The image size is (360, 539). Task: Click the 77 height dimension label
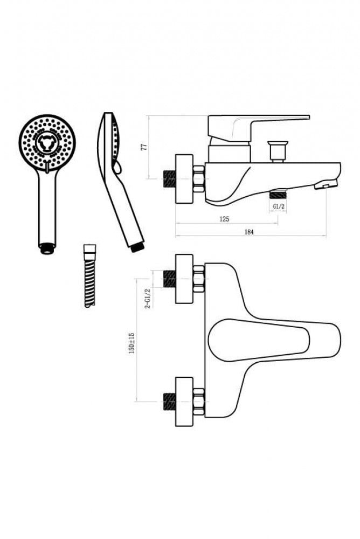pyautogui.click(x=145, y=147)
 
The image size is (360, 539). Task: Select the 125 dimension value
pyautogui.click(x=224, y=219)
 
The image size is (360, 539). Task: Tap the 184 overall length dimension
pyautogui.click(x=249, y=232)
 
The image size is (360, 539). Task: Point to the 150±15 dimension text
pyautogui.click(x=131, y=343)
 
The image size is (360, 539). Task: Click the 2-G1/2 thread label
pyautogui.click(x=148, y=299)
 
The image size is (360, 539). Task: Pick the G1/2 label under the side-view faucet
pyautogui.click(x=278, y=206)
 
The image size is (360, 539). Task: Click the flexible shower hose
pyautogui.click(x=89, y=275)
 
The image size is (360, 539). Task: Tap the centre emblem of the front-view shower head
pyautogui.click(x=45, y=142)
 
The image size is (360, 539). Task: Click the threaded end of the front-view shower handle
pyautogui.click(x=47, y=249)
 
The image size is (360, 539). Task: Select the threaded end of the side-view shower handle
pyautogui.click(x=138, y=247)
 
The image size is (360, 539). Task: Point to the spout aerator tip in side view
pyautogui.click(x=326, y=185)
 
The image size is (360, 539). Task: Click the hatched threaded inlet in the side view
pyautogui.click(x=169, y=179)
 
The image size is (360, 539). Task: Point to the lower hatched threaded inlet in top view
pyautogui.click(x=169, y=402)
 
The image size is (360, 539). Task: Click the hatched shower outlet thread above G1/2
pyautogui.click(x=278, y=195)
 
